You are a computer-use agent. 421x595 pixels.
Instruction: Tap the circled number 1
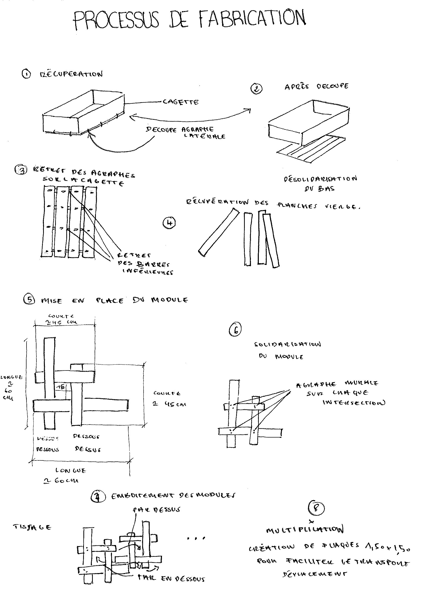(26, 74)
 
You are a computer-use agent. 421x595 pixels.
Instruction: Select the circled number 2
(256, 89)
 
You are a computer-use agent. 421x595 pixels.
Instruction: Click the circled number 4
(169, 223)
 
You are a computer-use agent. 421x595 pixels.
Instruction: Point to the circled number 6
(235, 330)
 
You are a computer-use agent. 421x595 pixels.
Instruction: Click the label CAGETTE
(181, 102)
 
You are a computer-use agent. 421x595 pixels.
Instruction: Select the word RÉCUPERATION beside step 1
(71, 74)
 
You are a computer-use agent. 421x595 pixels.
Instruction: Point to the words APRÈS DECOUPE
(316, 86)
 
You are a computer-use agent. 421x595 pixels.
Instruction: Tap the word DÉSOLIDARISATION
(320, 179)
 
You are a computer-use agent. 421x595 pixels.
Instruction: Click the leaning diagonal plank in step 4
(219, 233)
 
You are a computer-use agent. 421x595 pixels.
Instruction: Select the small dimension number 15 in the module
(62, 387)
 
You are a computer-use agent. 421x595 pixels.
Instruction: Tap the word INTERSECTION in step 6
(354, 403)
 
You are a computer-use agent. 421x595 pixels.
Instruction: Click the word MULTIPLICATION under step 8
(305, 530)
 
